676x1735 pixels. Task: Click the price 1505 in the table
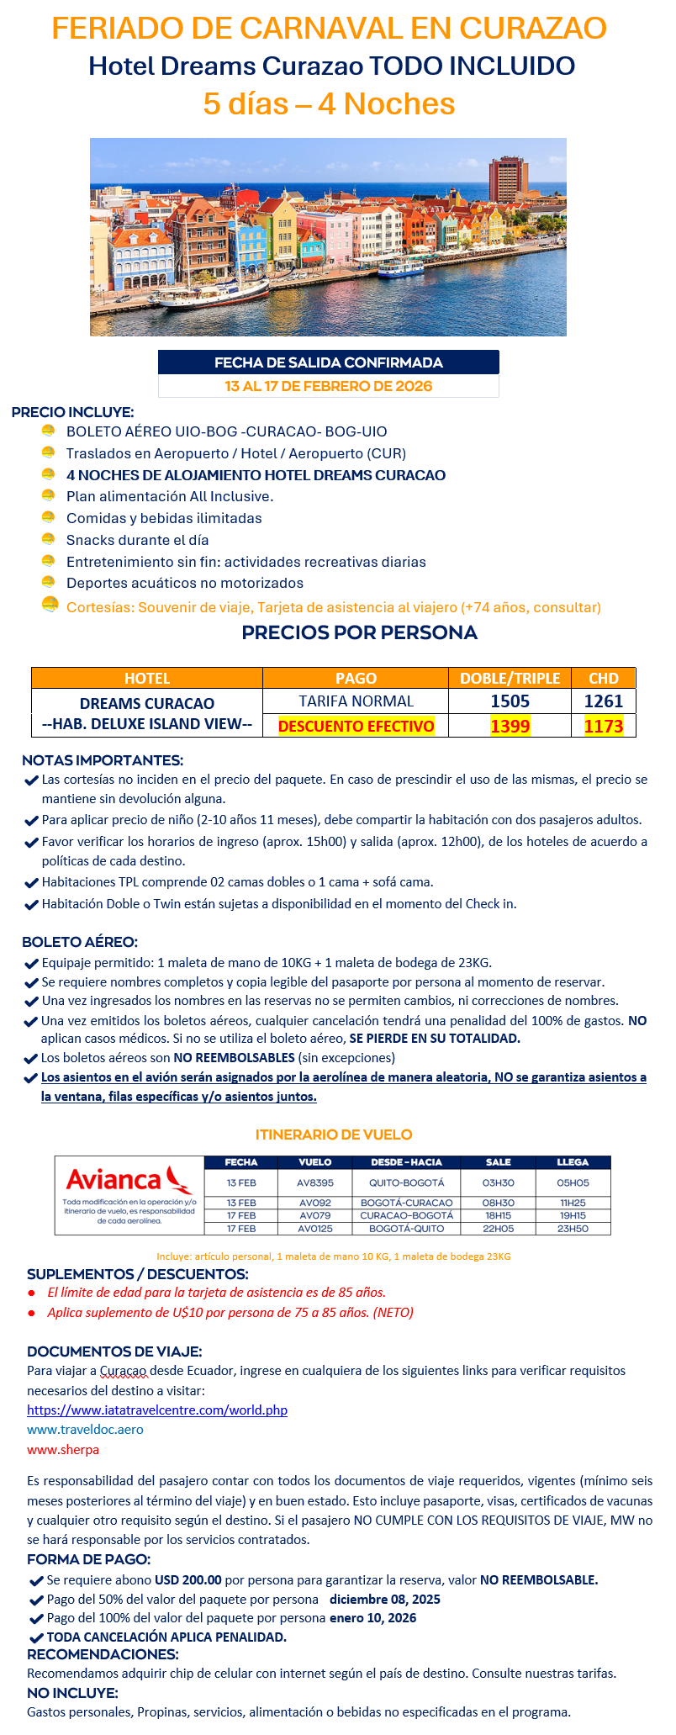(510, 701)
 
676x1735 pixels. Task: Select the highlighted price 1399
(510, 726)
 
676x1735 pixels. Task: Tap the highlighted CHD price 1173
(604, 726)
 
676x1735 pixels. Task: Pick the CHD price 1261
(604, 701)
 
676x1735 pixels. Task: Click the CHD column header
(604, 678)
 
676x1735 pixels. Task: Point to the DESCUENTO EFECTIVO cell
(356, 726)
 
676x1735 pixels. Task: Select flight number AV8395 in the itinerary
(315, 1182)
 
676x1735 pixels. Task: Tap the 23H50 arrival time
(573, 1229)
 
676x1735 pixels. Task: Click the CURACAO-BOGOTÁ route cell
(406, 1215)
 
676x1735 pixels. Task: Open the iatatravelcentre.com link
(157, 1410)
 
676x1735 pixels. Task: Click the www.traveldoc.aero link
(85, 1429)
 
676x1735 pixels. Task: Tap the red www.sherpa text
(63, 1449)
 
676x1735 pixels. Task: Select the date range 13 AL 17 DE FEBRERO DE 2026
(328, 386)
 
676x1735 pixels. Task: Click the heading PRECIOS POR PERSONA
(359, 632)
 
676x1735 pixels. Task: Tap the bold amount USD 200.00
(188, 1579)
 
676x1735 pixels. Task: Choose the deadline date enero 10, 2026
(372, 1617)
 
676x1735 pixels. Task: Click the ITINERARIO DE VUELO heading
(334, 1135)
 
